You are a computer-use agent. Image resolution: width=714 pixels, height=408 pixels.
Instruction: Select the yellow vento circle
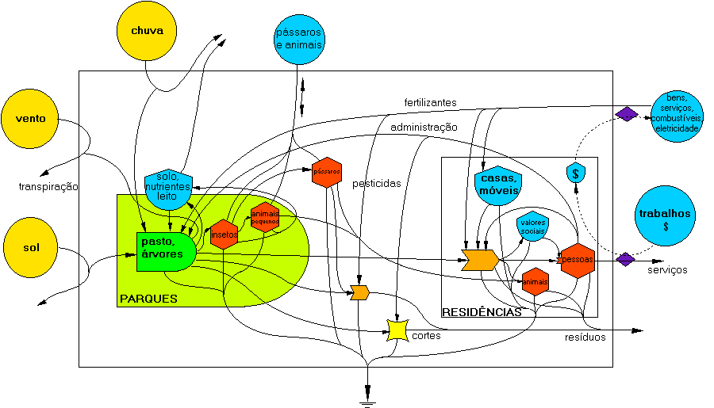(31, 120)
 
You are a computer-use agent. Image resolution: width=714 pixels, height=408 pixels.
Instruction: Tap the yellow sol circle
(31, 248)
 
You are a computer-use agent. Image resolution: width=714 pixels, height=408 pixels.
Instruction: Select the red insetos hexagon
(225, 235)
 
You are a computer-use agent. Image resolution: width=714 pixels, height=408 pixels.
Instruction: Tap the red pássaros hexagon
(326, 172)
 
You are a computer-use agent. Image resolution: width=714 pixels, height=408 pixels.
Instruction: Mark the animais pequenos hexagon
(265, 215)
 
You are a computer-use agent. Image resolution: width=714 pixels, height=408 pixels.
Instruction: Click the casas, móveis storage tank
(498, 185)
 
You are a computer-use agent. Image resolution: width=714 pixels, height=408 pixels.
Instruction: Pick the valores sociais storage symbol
(532, 227)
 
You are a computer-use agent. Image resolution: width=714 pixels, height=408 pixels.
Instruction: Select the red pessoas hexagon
(578, 260)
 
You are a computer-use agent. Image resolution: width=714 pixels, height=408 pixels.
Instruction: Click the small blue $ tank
(575, 173)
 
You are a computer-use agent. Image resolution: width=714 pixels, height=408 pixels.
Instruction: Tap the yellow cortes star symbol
(397, 329)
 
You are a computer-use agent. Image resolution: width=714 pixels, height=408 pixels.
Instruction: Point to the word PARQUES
(148, 299)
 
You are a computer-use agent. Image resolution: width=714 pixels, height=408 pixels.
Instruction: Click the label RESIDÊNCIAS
(482, 312)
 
